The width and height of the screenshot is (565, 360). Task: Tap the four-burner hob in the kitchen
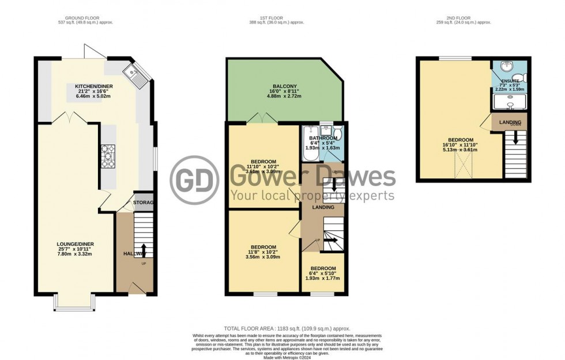pyautogui.click(x=108, y=156)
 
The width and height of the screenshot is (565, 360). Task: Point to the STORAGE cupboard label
pyautogui.click(x=144, y=202)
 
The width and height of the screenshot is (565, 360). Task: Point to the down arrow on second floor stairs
pyautogui.click(x=515, y=139)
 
